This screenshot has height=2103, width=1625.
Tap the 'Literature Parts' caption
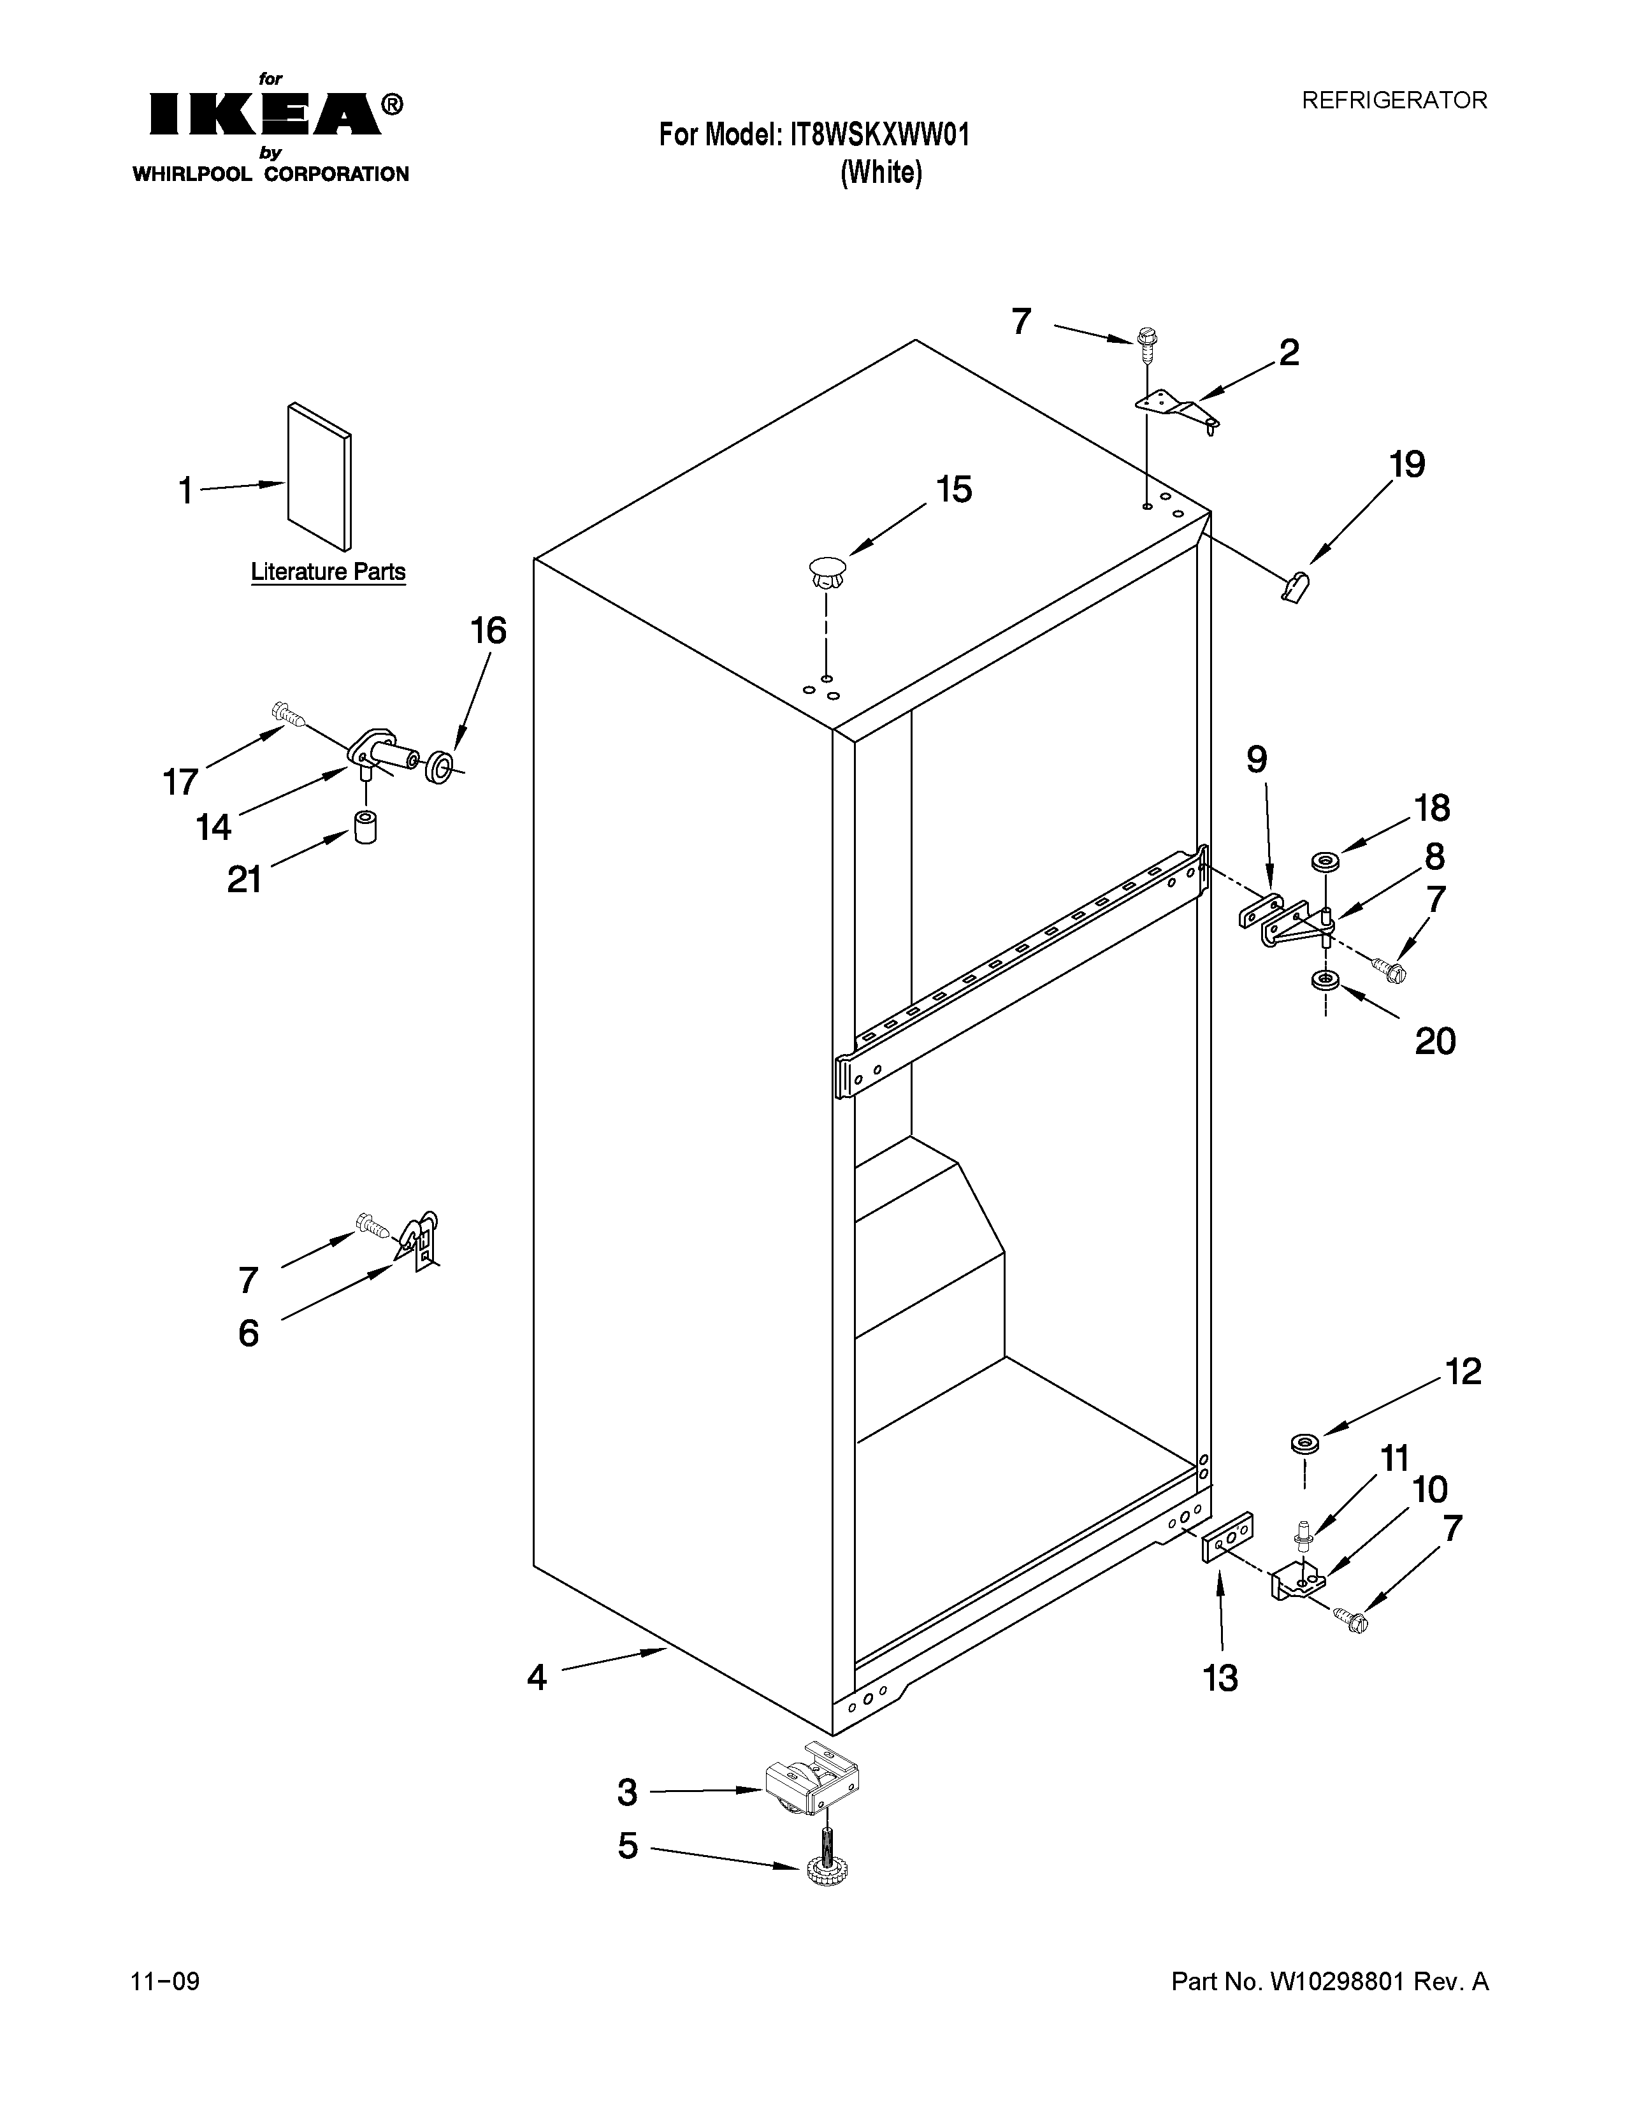pos(328,572)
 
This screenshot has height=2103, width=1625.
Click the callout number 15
pos(953,490)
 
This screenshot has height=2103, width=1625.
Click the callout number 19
pos(1406,465)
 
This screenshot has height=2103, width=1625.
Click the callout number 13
pos(1220,1679)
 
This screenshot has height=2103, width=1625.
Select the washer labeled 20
pos(1325,980)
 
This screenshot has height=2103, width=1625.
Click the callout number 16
pos(488,632)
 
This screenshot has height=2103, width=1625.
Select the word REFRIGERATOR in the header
pos(1394,100)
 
